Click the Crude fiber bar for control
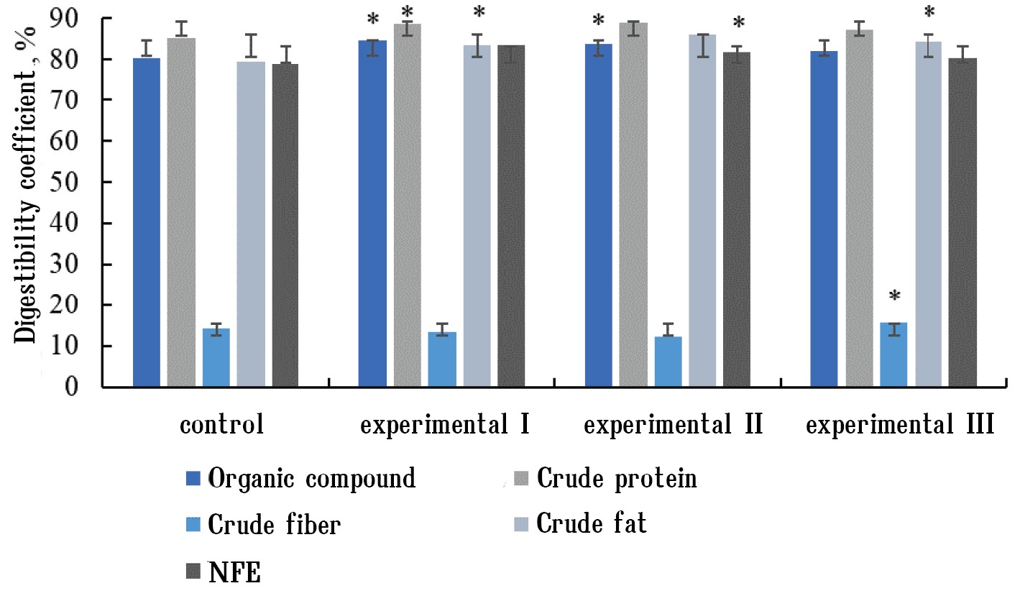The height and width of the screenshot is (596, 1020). (x=216, y=358)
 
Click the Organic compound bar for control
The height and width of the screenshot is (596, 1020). (x=147, y=222)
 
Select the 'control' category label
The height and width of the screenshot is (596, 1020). (x=221, y=426)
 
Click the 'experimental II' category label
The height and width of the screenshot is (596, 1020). (x=673, y=426)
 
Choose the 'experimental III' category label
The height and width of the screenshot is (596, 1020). (x=900, y=426)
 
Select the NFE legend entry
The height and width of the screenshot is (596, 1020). (x=224, y=573)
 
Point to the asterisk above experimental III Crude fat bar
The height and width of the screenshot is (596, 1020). (x=929, y=12)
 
